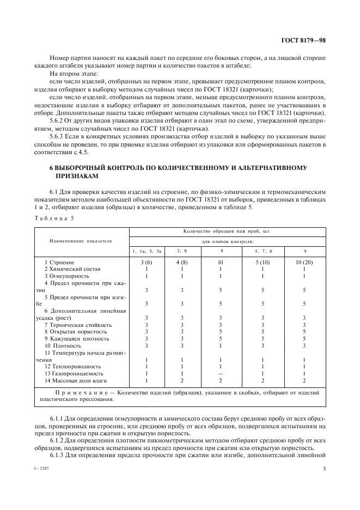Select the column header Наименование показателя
pos(81,240)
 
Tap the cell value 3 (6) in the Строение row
pos(147,262)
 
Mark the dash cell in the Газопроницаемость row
pos(220,373)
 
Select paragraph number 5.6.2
pos(57,120)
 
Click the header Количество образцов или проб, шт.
pos(227,231)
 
